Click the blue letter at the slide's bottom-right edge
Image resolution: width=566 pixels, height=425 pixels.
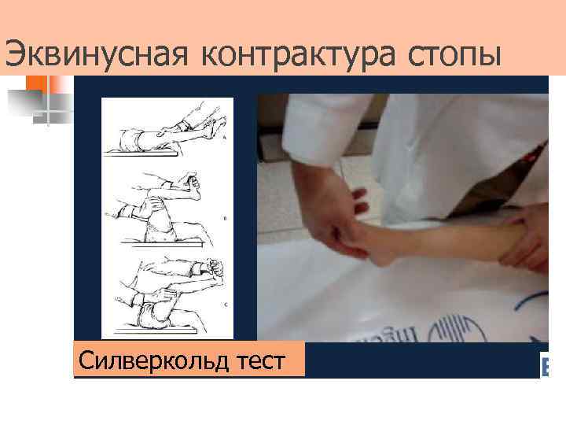click(544, 366)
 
